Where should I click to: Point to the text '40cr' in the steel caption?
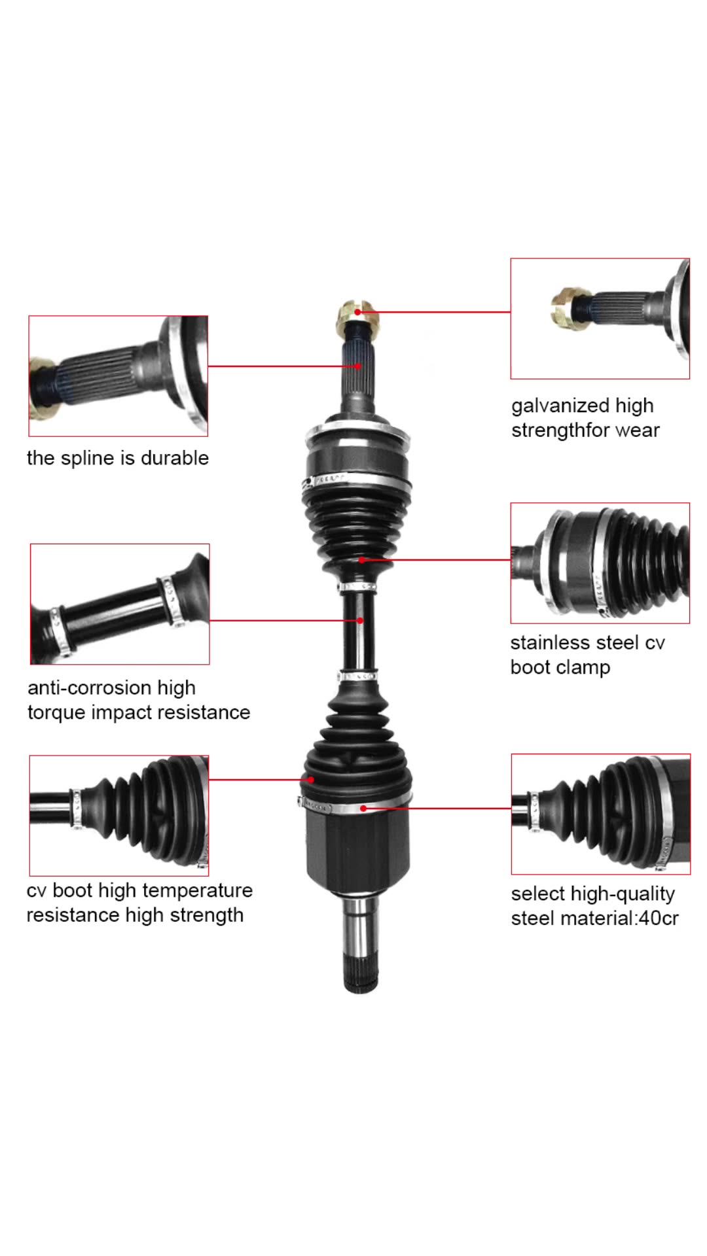click(659, 918)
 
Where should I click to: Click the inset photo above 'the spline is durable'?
click(118, 376)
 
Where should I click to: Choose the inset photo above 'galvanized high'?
click(600, 319)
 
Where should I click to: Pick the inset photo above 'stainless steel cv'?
click(600, 563)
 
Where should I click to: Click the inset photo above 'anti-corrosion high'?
click(120, 604)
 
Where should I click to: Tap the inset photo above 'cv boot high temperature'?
click(119, 815)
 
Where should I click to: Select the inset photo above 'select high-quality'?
click(600, 814)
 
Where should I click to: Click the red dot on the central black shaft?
click(360, 620)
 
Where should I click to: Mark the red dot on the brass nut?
click(358, 313)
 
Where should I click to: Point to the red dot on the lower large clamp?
click(363, 809)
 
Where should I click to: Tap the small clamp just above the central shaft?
click(357, 585)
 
